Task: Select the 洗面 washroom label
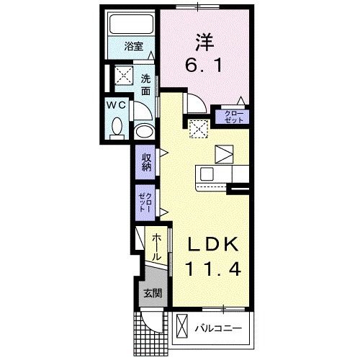(x=146, y=85)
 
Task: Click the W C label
(x=116, y=104)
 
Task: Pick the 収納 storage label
(x=146, y=163)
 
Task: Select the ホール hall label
(x=156, y=247)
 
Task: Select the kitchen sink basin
(x=207, y=174)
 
